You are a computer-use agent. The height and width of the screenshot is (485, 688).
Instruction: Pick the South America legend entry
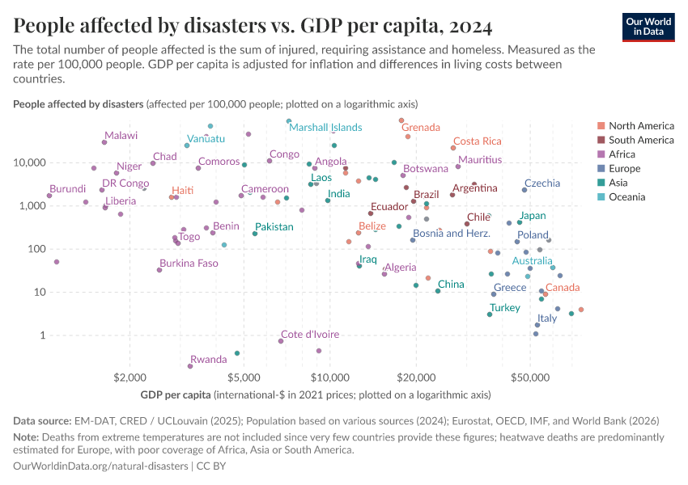click(641, 140)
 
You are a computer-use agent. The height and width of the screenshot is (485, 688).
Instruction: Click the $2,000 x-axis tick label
click(130, 377)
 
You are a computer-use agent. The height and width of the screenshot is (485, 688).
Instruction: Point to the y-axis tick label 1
click(41, 335)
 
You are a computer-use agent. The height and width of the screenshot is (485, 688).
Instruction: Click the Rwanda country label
click(208, 360)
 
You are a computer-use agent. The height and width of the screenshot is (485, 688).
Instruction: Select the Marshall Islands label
click(325, 128)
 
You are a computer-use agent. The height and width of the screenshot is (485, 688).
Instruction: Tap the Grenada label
click(420, 128)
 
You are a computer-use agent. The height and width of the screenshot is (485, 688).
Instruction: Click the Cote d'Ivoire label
click(310, 334)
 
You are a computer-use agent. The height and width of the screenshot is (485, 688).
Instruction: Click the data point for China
click(438, 290)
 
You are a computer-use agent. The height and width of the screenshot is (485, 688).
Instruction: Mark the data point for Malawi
click(104, 142)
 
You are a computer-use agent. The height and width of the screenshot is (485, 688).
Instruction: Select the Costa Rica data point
click(453, 148)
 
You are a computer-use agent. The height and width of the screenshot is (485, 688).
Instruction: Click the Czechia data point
click(524, 190)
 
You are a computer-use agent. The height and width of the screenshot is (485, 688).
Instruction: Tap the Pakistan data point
click(255, 234)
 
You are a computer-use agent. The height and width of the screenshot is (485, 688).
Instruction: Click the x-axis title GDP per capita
click(175, 395)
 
